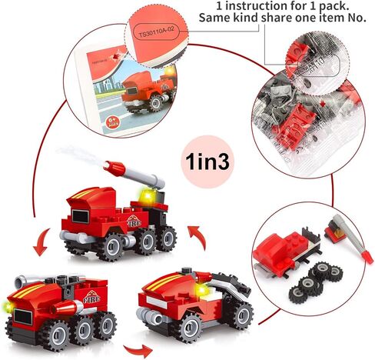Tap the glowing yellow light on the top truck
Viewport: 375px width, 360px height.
145,197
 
